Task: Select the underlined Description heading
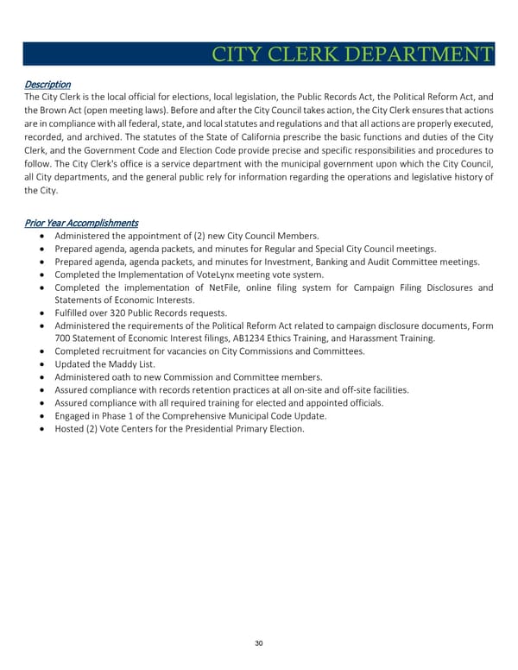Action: [x=47, y=85]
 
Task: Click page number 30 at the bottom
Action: [x=259, y=642]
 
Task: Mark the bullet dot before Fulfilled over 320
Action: [x=43, y=313]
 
